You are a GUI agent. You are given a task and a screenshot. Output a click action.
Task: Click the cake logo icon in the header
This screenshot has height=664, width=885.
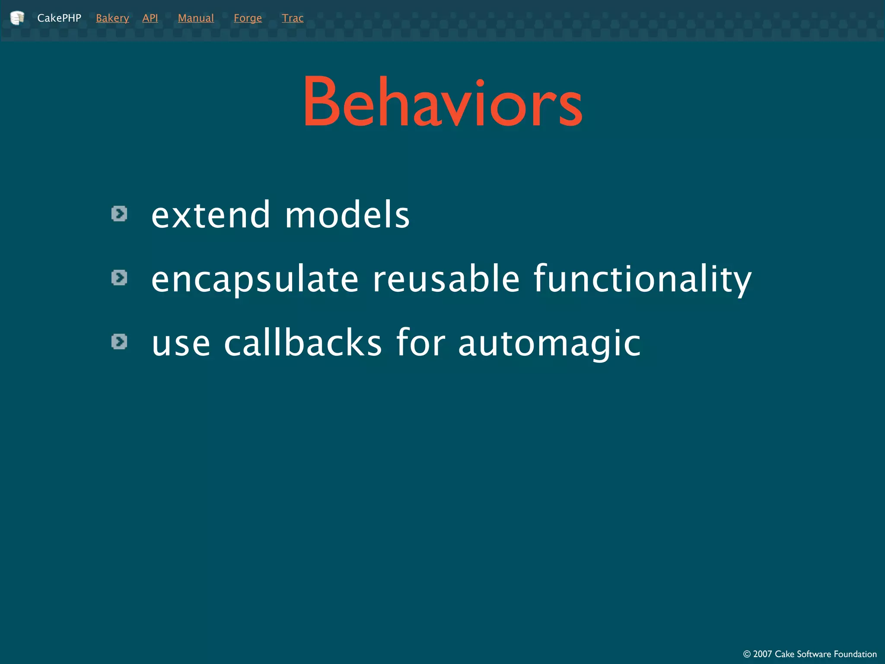pos(17,18)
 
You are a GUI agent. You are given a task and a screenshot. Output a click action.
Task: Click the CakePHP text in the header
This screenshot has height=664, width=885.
pos(59,18)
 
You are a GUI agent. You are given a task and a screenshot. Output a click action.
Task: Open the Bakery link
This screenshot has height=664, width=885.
pos(112,18)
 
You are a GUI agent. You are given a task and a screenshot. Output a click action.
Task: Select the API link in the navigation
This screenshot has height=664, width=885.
pos(150,18)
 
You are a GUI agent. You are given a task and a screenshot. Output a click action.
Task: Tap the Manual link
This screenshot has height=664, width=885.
pos(196,18)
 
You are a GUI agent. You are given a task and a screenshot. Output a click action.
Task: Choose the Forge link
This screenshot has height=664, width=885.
pos(248,18)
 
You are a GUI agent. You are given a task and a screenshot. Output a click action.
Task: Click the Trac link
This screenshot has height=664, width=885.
pos(293,18)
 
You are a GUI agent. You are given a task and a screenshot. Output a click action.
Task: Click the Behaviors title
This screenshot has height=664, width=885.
pos(442,102)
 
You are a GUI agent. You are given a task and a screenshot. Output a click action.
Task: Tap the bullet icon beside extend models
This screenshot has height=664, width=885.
pos(119,214)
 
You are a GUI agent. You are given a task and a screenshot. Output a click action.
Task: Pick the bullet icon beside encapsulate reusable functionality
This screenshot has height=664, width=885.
pos(119,278)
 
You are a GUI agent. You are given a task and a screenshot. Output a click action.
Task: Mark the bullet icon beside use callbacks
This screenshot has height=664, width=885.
pos(119,342)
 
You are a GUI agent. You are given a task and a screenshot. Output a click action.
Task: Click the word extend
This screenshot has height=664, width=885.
pos(211,215)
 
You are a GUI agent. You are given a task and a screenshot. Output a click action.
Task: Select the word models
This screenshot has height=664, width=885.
pos(347,215)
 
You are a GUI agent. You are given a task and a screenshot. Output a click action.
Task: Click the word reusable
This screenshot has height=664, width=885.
pos(446,279)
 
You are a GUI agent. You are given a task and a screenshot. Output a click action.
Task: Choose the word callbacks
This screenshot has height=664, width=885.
pos(302,343)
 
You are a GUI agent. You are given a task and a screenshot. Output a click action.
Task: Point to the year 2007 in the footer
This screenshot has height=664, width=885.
pos(762,654)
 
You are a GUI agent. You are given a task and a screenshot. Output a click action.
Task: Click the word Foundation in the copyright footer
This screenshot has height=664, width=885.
pos(855,654)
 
